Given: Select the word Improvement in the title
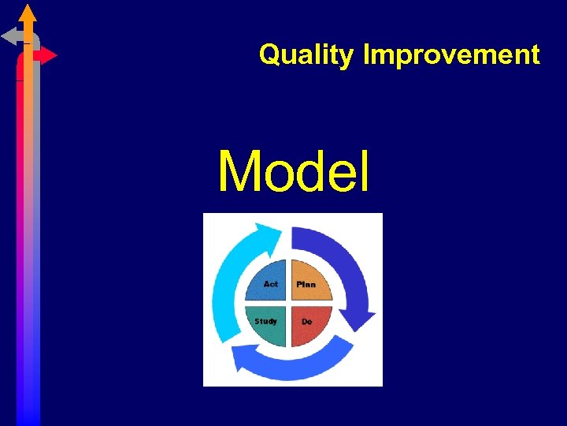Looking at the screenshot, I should click(x=451, y=55).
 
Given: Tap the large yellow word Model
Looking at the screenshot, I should click(x=293, y=172).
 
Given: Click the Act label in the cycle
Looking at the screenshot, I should click(x=270, y=284).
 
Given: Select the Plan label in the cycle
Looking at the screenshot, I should click(x=306, y=284).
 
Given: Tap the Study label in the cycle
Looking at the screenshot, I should click(x=265, y=321).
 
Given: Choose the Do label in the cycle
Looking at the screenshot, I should click(x=306, y=322).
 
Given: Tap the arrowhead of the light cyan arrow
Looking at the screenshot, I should click(x=265, y=232).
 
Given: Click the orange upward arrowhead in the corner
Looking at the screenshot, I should click(x=28, y=13).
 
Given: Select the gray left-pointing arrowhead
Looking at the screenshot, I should click(x=9, y=35).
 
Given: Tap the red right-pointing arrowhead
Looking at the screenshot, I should click(x=49, y=55).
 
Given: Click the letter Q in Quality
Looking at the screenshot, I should click(x=269, y=55).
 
